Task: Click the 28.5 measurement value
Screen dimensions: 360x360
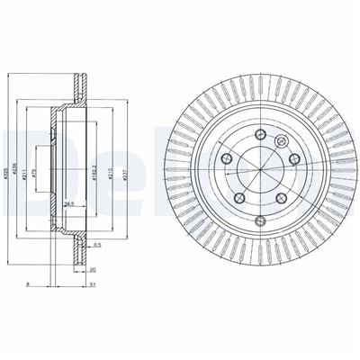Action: (x=68, y=205)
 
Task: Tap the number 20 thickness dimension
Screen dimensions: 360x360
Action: (x=94, y=267)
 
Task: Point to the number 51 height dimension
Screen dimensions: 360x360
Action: (x=94, y=283)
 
